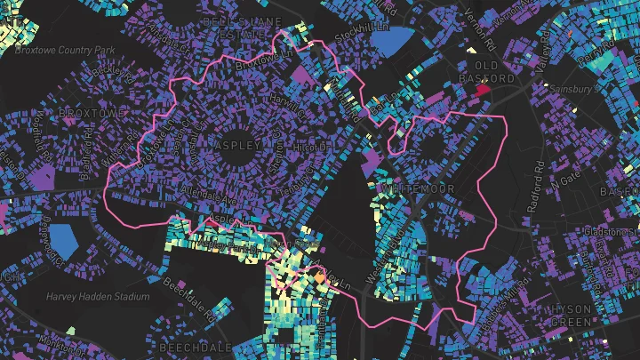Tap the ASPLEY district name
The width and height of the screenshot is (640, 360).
(238, 145)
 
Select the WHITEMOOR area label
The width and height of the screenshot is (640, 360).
(415, 190)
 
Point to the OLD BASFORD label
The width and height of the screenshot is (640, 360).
(494, 72)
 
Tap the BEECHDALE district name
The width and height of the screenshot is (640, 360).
(196, 346)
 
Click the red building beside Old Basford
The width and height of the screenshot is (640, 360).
(484, 89)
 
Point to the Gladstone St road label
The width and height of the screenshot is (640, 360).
(605, 233)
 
